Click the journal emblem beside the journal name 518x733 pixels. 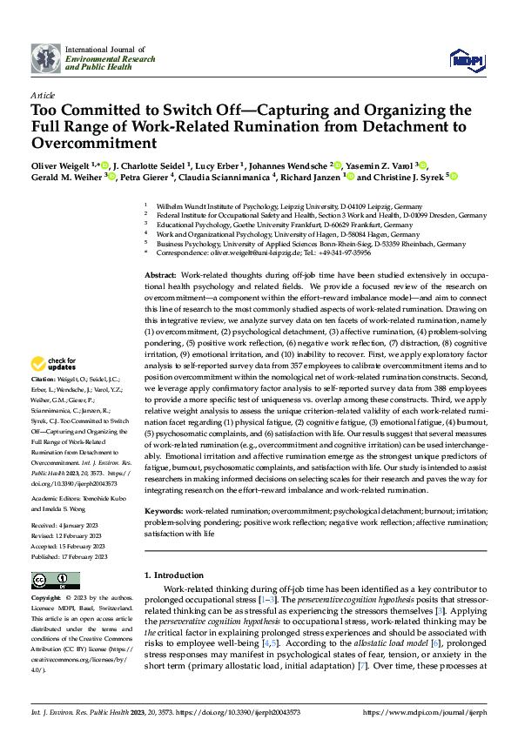pyautogui.click(x=46, y=58)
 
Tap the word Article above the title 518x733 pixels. pyautogui.click(x=43, y=95)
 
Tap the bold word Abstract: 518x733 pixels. pyautogui.click(x=161, y=274)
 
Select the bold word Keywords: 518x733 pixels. pyautogui.click(x=165, y=510)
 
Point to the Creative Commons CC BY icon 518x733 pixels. pyautogui.click(x=55, y=581)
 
